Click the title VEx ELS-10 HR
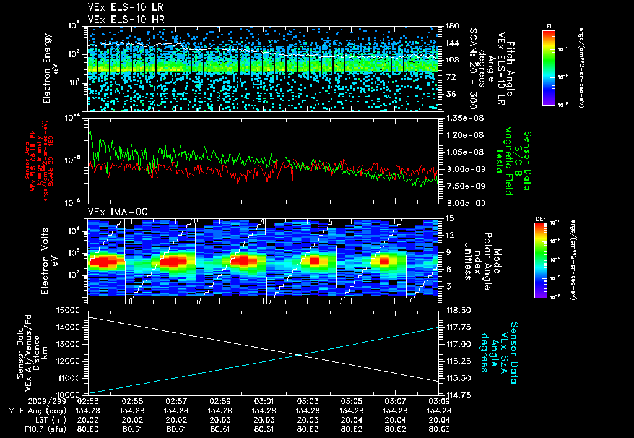120,19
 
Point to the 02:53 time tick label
89,401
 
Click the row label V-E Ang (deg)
35,410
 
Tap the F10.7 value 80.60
89,428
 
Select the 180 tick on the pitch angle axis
451,26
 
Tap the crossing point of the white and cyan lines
299,354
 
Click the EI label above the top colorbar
549,26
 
